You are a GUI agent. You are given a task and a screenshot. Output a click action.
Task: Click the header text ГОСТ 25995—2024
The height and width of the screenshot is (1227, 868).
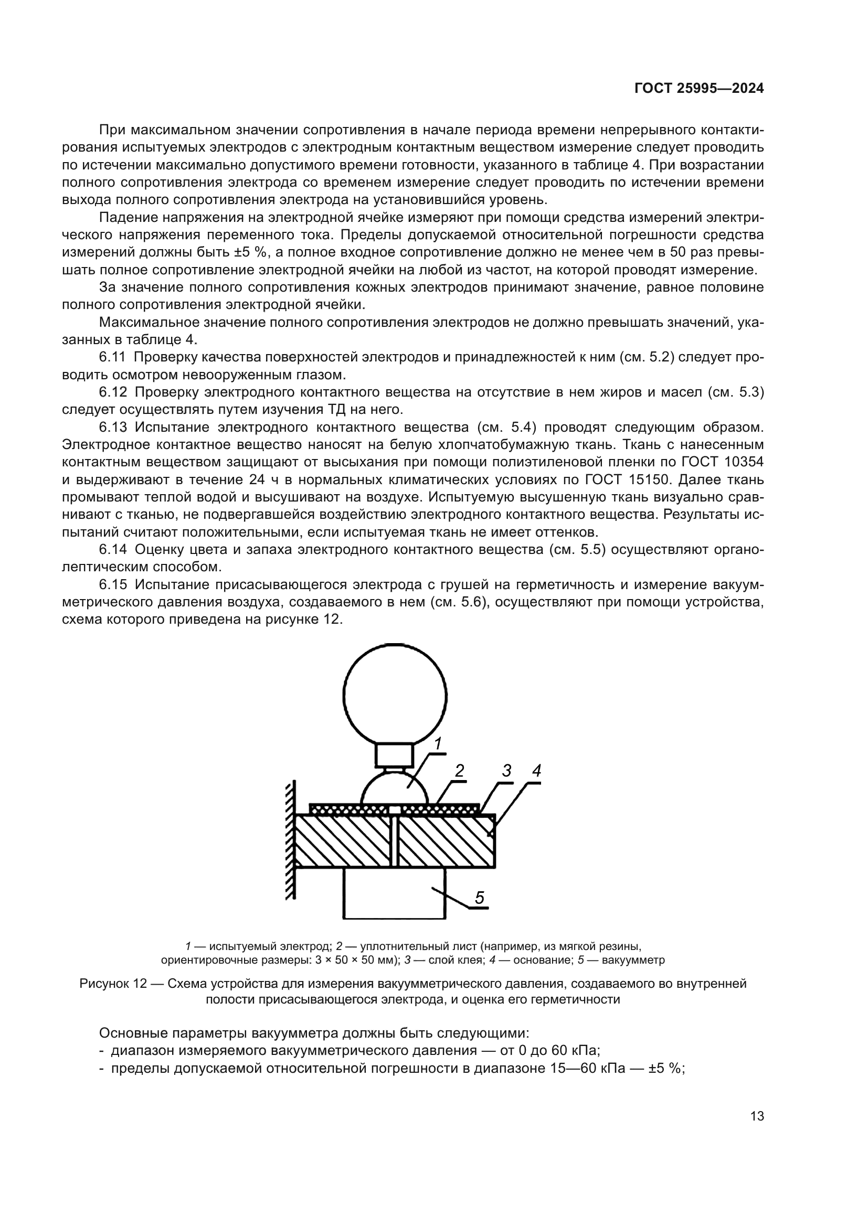click(698, 89)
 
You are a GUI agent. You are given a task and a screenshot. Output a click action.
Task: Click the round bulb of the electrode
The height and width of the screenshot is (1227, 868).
click(395, 696)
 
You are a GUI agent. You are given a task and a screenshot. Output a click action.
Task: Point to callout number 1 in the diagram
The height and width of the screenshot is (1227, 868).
click(437, 743)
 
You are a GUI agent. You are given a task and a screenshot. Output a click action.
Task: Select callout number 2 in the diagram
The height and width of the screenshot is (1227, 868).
click(459, 770)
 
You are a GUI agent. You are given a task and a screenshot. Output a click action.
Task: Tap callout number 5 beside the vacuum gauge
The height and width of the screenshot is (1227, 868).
click(480, 898)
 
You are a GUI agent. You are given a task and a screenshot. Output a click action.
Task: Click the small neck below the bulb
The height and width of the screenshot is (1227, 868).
click(394, 755)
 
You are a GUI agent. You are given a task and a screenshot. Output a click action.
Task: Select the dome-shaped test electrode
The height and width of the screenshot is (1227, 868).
click(395, 792)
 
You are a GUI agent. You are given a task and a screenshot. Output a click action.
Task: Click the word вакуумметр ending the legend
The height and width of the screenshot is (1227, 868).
click(633, 960)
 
